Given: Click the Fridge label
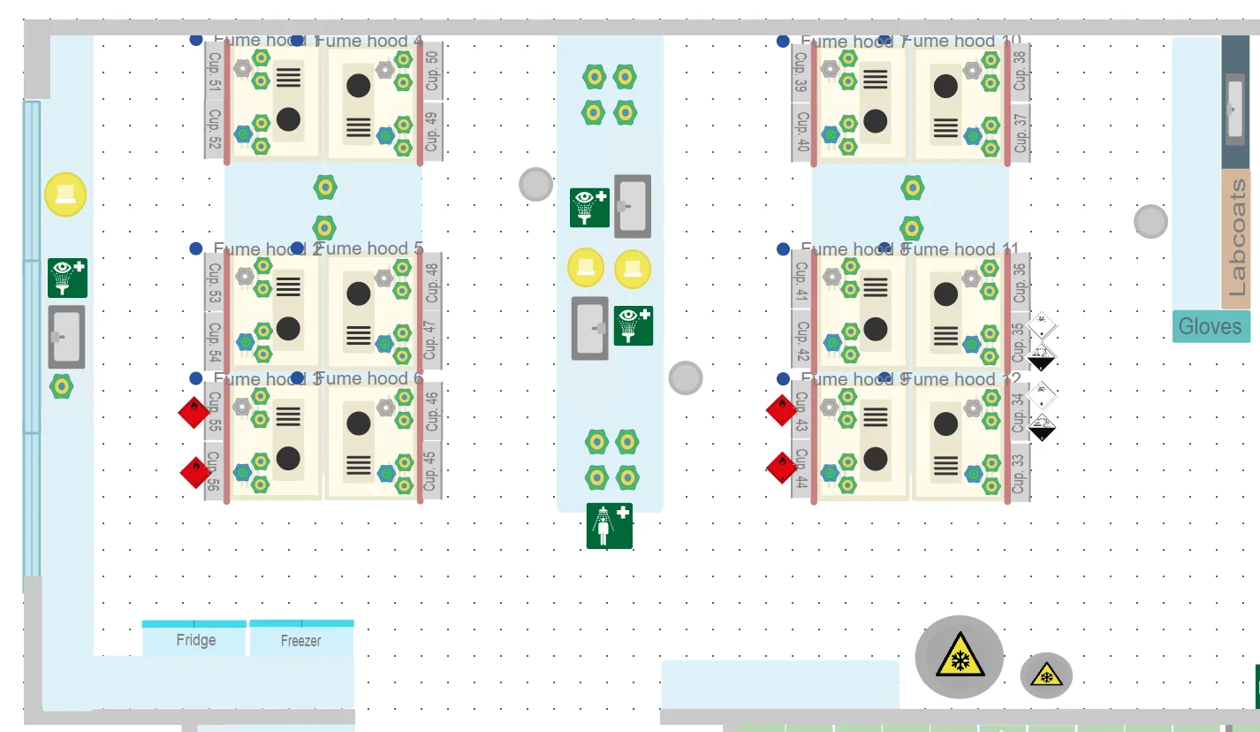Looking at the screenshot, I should (x=195, y=640).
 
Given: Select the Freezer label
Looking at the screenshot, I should (x=300, y=640).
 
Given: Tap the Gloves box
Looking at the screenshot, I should (x=1211, y=326).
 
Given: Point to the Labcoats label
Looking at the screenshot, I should (x=1236, y=238).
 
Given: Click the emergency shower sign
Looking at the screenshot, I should (x=610, y=525).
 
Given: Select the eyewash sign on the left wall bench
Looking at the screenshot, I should (x=68, y=278).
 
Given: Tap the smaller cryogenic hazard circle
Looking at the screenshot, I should (x=1046, y=675).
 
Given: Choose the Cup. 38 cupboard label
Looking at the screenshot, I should (x=1020, y=70).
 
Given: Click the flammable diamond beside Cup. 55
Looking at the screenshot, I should (x=194, y=411).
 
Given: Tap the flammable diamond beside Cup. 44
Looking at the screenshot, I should (x=781, y=468).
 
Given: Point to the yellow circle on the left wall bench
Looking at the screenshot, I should (x=65, y=194).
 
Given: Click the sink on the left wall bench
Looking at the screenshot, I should (x=66, y=337).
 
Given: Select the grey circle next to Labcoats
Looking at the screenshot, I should (x=1150, y=221).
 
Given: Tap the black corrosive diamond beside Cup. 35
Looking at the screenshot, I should (x=1043, y=358).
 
